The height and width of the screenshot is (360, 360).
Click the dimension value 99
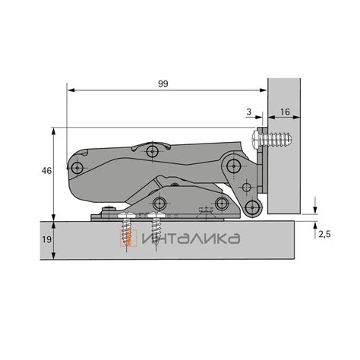[163, 84]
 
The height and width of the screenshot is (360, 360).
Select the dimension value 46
[46, 171]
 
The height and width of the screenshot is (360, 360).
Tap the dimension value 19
[47, 239]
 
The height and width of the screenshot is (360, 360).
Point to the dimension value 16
[285, 112]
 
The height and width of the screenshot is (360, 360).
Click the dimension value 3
[249, 112]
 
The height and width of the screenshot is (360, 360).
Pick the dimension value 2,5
[324, 235]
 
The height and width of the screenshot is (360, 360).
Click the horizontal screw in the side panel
[272, 139]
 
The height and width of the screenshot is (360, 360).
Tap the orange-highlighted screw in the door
[126, 230]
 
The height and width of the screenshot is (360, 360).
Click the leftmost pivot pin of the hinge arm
[77, 168]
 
